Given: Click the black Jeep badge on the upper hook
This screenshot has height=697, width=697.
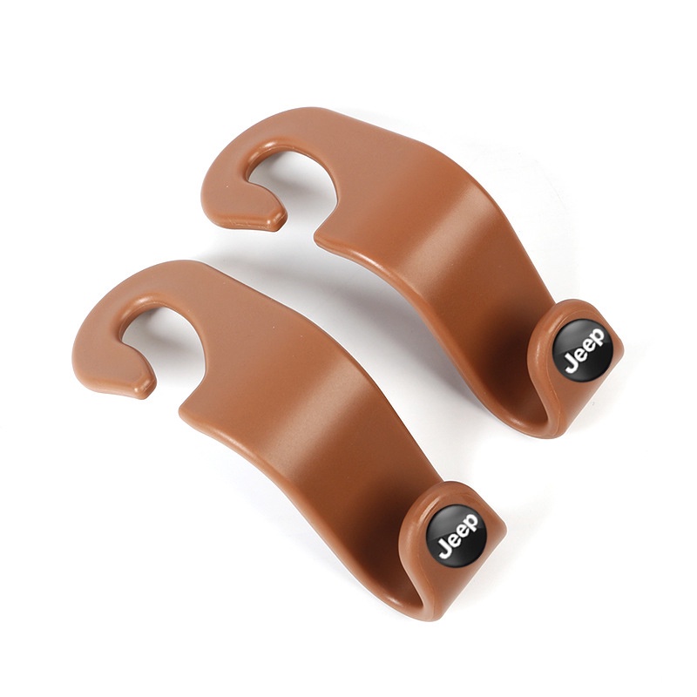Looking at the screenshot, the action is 582,349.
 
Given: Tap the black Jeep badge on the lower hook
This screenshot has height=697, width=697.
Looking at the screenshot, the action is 456,534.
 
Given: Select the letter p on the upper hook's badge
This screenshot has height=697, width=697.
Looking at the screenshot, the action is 598,337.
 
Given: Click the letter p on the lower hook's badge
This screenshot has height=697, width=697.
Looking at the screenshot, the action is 471,523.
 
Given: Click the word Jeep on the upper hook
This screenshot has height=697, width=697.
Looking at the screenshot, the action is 585,351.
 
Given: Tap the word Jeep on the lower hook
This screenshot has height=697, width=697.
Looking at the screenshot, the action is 459,536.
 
